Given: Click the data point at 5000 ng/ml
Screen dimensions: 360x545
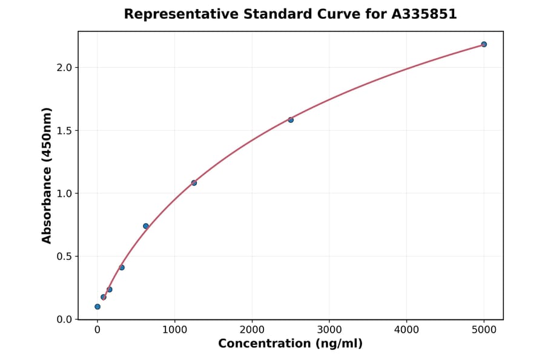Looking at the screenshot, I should click(484, 44).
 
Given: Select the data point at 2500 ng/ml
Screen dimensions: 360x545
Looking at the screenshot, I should click(291, 120).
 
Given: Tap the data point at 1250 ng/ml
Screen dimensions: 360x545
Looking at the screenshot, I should click(194, 183).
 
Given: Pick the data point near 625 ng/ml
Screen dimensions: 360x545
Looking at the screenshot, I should click(146, 226).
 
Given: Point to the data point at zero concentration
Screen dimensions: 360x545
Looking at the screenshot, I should click(97, 307).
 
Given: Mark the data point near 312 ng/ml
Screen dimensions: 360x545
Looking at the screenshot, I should click(122, 267).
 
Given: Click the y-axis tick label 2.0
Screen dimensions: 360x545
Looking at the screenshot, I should click(64, 68).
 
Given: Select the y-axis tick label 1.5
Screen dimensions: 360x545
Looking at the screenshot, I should click(64, 131).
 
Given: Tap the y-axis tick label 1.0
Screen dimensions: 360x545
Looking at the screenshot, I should click(64, 194).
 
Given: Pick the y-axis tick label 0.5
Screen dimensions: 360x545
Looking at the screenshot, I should click(64, 257).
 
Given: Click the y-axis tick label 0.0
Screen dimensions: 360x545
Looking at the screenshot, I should click(64, 320).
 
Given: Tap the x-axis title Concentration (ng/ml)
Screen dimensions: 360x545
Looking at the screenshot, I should click(291, 344).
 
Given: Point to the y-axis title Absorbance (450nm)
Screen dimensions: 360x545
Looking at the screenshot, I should click(47, 175).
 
